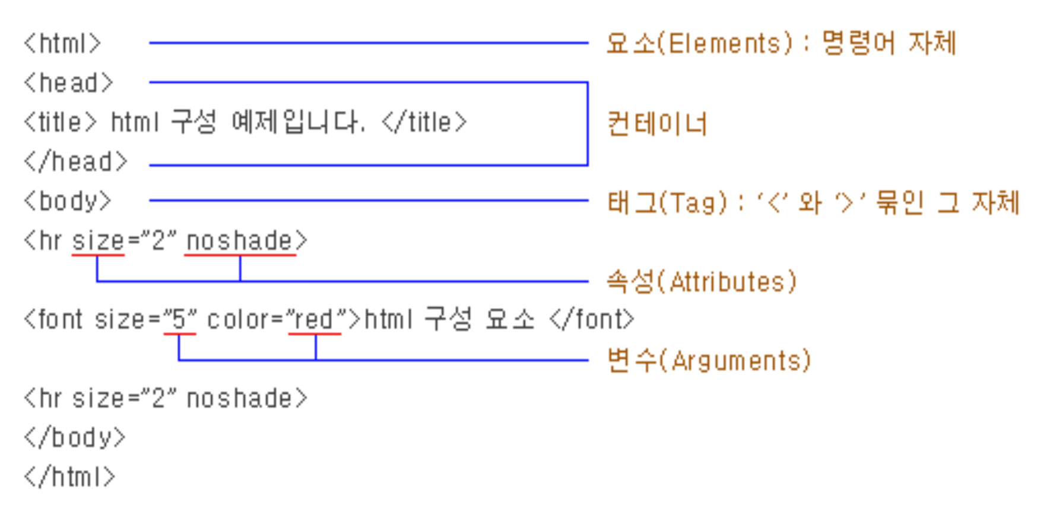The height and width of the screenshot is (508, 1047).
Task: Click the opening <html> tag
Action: pyautogui.click(x=62, y=43)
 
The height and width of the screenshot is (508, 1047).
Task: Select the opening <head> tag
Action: pyautogui.click(x=68, y=83)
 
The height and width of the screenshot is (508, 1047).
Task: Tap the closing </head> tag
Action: pyautogui.click(x=75, y=161)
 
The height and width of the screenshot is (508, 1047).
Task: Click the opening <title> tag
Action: pyautogui.click(x=60, y=122)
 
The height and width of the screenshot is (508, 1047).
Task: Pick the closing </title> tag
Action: pyautogui.click(x=424, y=122)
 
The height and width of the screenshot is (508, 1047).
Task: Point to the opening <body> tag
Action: pyautogui.click(x=67, y=201)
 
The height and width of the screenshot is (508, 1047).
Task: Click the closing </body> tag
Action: pyautogui.click(x=75, y=438)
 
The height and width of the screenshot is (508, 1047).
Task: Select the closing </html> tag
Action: pyautogui.click(x=69, y=477)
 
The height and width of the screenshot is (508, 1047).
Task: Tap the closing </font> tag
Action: pyautogui.click(x=592, y=319)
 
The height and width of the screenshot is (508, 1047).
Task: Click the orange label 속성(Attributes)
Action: pyautogui.click(x=701, y=281)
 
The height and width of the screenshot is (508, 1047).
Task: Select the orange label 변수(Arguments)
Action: pyautogui.click(x=709, y=360)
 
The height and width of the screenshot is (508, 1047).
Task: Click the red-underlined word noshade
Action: pyautogui.click(x=239, y=241)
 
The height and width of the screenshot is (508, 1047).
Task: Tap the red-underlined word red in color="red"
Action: pyautogui.click(x=314, y=320)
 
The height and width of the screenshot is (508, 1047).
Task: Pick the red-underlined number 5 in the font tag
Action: pyautogui.click(x=179, y=320)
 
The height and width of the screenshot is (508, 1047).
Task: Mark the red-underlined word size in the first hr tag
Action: pyautogui.click(x=98, y=241)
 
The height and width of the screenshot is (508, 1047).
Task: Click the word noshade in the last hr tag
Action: pyautogui.click(x=240, y=398)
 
